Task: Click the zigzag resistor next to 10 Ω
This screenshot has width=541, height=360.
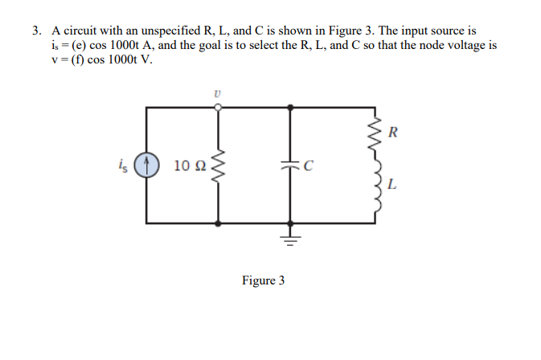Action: click(x=217, y=166)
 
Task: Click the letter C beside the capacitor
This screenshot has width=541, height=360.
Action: click(x=308, y=167)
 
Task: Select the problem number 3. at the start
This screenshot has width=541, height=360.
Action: click(x=37, y=31)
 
